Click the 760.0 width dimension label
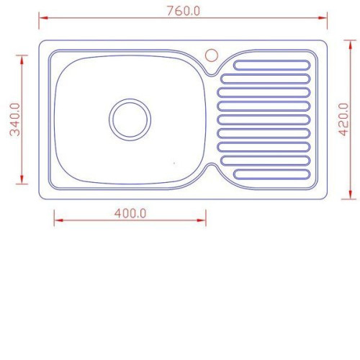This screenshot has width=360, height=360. [x=184, y=11]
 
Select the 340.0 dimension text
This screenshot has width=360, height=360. [x=15, y=120]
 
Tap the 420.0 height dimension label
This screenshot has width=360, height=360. [x=343, y=120]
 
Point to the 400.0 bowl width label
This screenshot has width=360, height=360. [x=130, y=213]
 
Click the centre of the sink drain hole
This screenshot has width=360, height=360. [x=130, y=120]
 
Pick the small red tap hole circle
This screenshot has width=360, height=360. [x=212, y=55]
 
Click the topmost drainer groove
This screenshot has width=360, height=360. [x=272, y=66]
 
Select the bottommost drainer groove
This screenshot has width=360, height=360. [x=272, y=174]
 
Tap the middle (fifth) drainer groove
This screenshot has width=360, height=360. [x=264, y=120]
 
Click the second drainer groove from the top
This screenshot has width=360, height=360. [x=266, y=79]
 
